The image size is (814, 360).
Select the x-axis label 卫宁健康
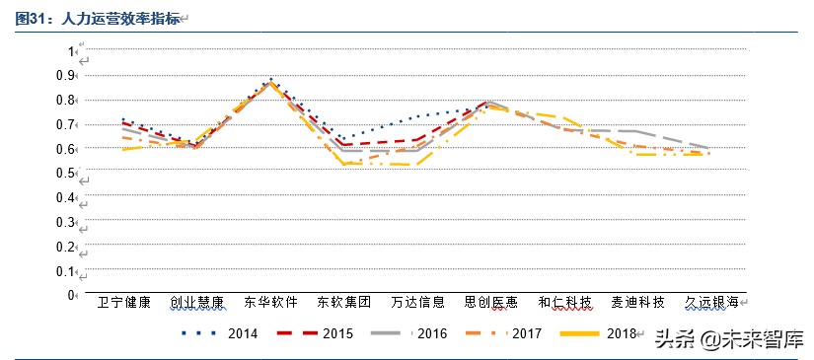point(123,302)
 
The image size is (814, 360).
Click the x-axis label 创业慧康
point(196,302)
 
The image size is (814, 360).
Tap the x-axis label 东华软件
point(270,302)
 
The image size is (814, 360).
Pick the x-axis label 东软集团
point(344,302)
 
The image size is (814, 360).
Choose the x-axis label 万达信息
point(417,302)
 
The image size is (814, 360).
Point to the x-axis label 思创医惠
point(491,302)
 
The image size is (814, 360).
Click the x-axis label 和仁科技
point(564,302)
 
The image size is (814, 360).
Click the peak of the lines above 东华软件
point(270,81)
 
